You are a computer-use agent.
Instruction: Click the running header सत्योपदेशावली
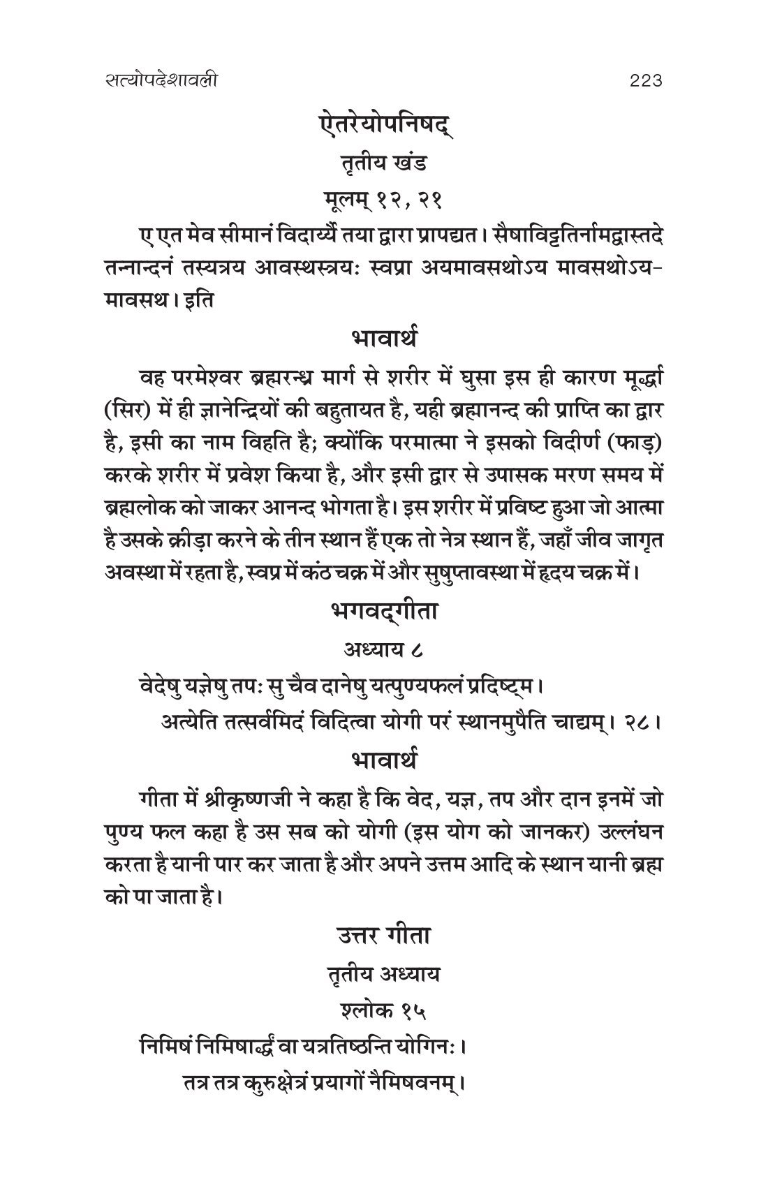tap(158, 81)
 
